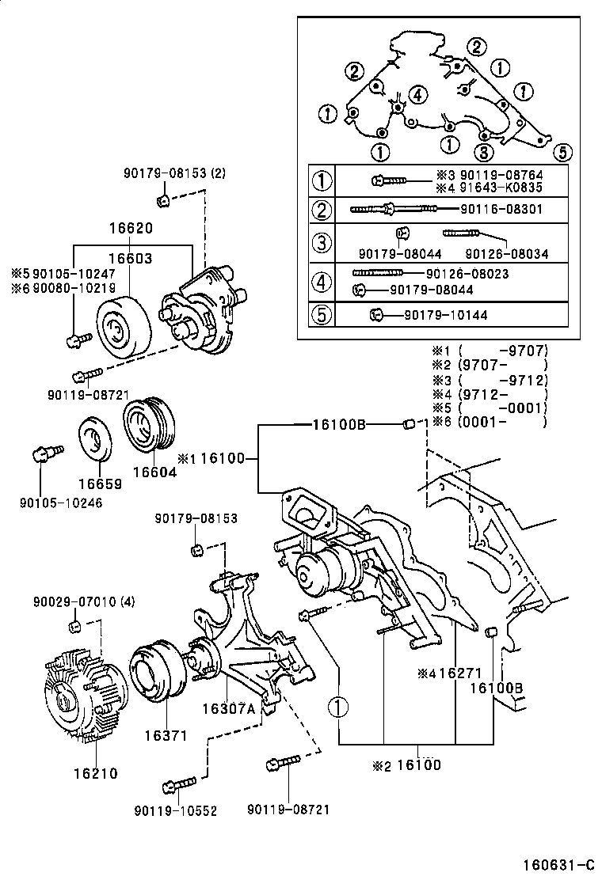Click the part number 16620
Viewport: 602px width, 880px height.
tap(131, 228)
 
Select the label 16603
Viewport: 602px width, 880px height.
tap(131, 257)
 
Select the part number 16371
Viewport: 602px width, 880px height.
tap(165, 735)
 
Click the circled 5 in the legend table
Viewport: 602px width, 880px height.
tap(322, 315)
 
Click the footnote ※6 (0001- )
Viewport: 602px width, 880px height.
tap(489, 422)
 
